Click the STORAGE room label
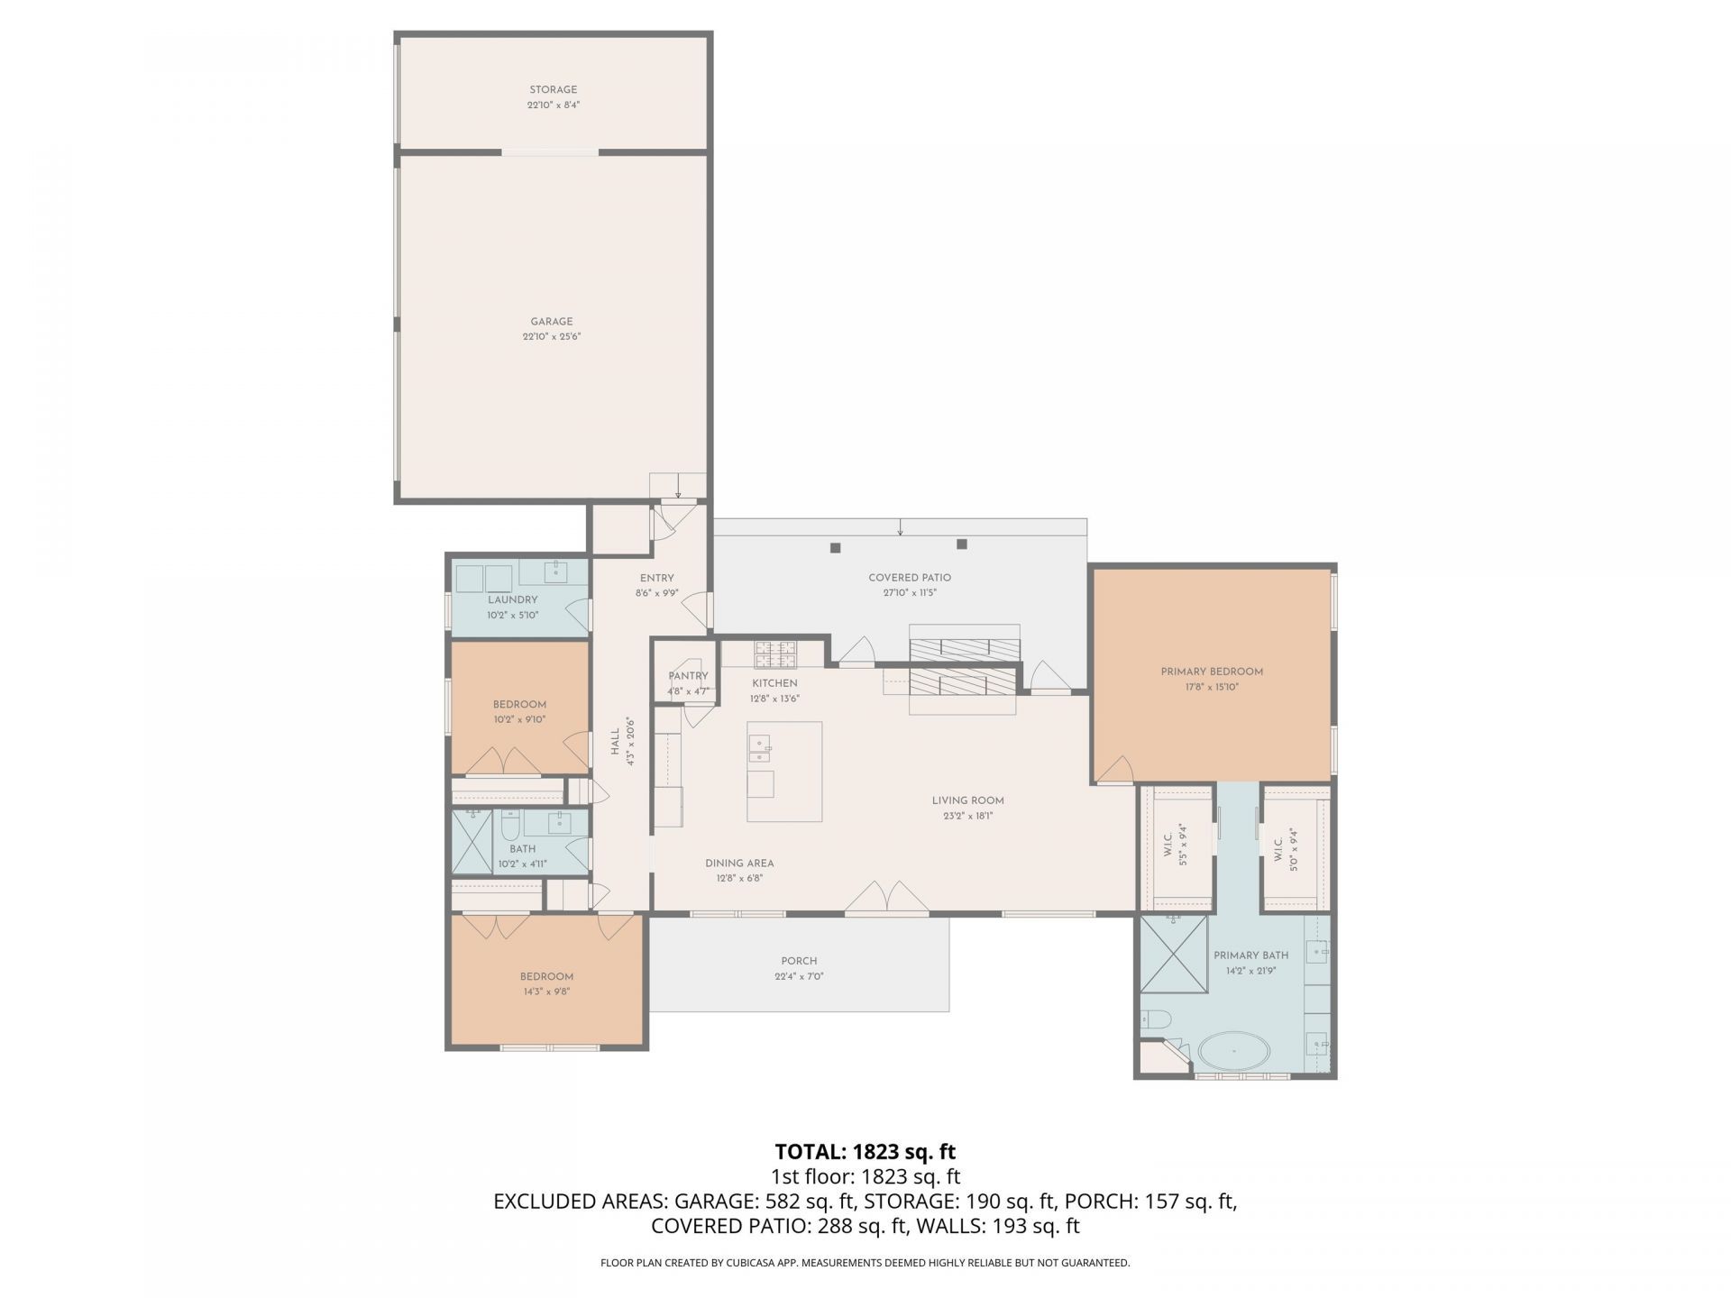click(x=553, y=89)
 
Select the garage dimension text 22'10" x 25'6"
click(x=551, y=337)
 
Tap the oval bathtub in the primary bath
click(x=1233, y=1051)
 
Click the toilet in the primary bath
click(x=1155, y=1019)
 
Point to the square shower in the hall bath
click(x=472, y=841)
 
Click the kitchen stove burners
click(x=775, y=648)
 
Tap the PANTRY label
click(x=688, y=676)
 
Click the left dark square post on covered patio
click(x=836, y=547)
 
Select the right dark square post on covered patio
click(x=962, y=544)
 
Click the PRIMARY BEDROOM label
click(x=1212, y=672)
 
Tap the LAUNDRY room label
click(x=512, y=599)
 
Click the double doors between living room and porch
click(x=888, y=898)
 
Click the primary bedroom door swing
click(x=1115, y=768)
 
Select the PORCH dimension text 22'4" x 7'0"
click(x=799, y=976)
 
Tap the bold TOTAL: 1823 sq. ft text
click(x=865, y=1152)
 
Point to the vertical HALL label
click(x=615, y=742)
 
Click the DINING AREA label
click(x=739, y=863)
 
